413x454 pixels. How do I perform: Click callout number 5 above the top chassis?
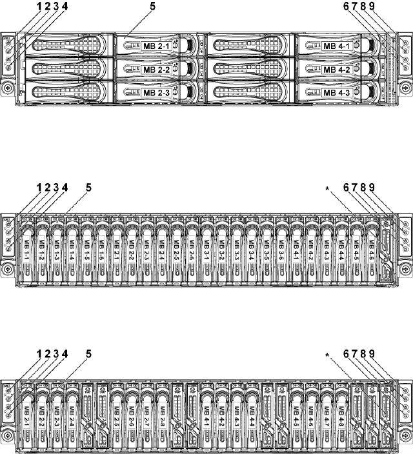[x=153, y=6]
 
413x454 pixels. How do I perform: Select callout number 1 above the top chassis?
[x=39, y=6]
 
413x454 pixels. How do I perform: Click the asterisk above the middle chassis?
[x=328, y=189]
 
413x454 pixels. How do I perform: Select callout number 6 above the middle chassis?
[x=347, y=188]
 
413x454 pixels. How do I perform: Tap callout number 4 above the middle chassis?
[x=65, y=188]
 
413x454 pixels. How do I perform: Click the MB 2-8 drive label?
[x=161, y=411]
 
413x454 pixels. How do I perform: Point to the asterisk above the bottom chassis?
[x=328, y=355]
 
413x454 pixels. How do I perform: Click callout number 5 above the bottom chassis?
[x=89, y=353]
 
